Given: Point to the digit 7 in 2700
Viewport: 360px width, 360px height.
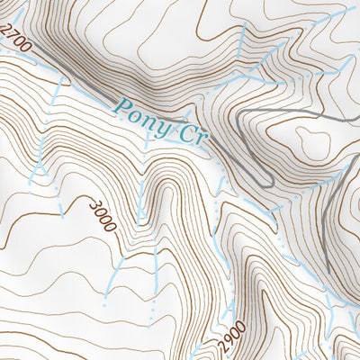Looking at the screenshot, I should [x=13, y=35].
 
